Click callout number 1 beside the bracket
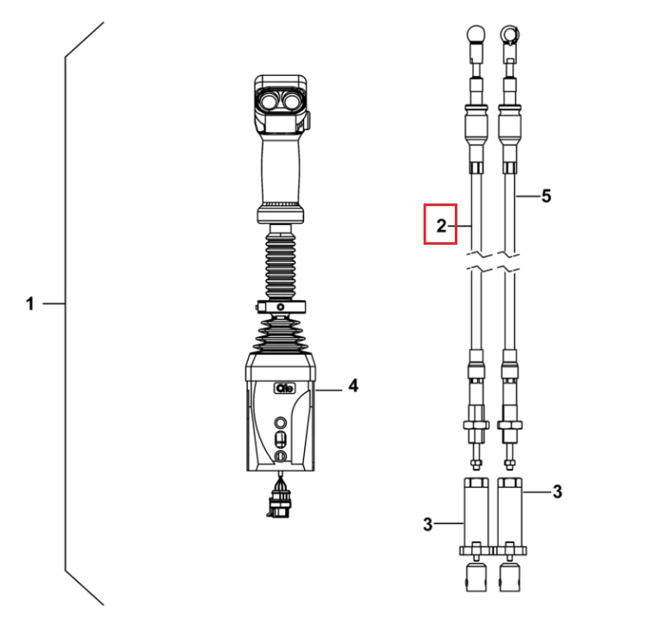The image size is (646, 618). [29, 304]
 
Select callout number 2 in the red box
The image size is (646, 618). [441, 226]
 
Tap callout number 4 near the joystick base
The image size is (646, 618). [353, 386]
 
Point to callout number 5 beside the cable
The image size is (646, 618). [546, 196]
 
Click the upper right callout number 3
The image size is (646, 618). [557, 491]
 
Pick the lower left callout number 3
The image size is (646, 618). [427, 524]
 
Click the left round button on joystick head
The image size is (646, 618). [270, 100]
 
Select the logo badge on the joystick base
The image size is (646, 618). [285, 389]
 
